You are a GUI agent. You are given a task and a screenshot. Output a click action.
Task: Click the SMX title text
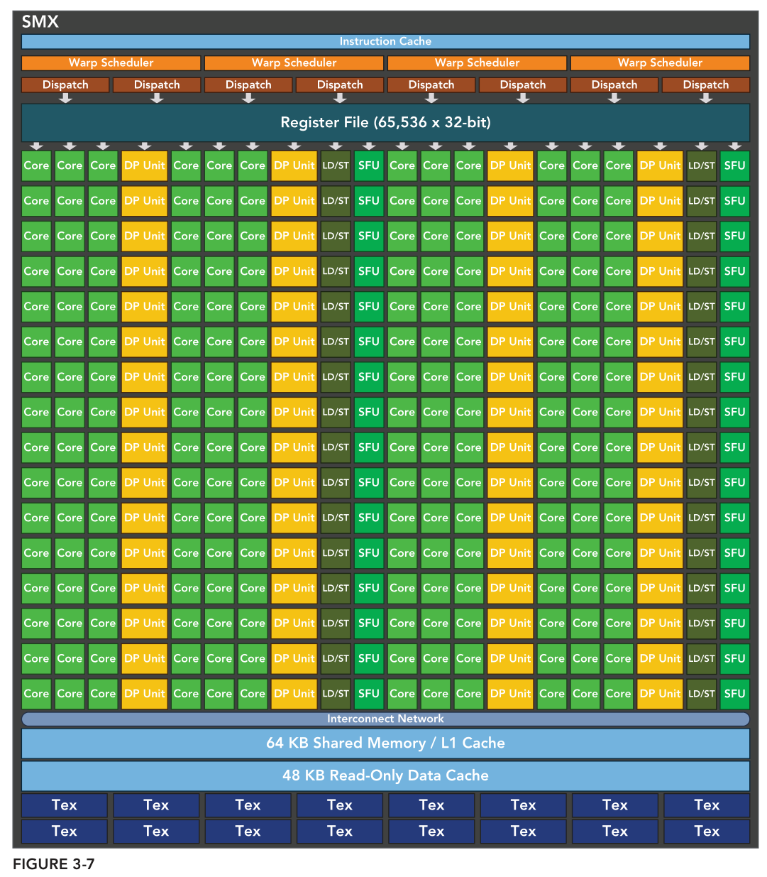pyautogui.click(x=40, y=21)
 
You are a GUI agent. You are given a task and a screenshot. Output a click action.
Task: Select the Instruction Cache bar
pyautogui.click(x=385, y=41)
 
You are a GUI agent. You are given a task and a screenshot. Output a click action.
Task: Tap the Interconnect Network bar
pyautogui.click(x=385, y=719)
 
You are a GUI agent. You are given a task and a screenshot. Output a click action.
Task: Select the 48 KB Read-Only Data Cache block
pyautogui.click(x=385, y=775)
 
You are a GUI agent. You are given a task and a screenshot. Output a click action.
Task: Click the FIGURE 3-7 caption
pyautogui.click(x=53, y=864)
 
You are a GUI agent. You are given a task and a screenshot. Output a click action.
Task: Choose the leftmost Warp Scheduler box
pyautogui.click(x=111, y=62)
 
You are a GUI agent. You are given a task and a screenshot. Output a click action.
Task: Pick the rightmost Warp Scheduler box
pyautogui.click(x=660, y=62)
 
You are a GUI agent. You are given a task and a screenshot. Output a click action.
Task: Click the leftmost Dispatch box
pyautogui.click(x=65, y=85)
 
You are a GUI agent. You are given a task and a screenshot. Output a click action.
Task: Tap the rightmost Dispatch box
pyautogui.click(x=705, y=85)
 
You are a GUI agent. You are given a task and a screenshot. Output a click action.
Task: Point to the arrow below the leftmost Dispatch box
pyautogui.click(x=65, y=99)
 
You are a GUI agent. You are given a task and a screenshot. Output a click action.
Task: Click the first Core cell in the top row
pyautogui.click(x=36, y=165)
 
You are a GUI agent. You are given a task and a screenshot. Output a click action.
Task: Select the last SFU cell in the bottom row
pyautogui.click(x=734, y=694)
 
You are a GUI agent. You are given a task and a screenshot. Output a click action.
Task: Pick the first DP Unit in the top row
pyautogui.click(x=144, y=165)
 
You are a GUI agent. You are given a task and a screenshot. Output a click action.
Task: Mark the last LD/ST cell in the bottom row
pyautogui.click(x=701, y=694)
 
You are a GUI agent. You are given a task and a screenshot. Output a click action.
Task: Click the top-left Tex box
pyautogui.click(x=65, y=805)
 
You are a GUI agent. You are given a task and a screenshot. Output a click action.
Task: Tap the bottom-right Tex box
pyautogui.click(x=707, y=831)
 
